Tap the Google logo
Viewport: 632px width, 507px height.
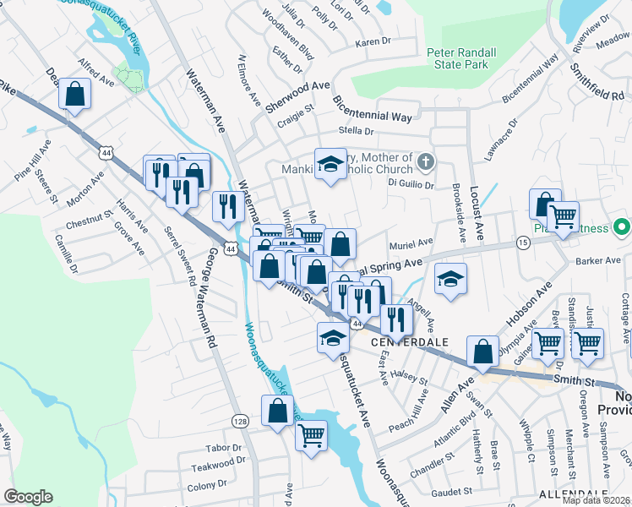[x=27, y=497]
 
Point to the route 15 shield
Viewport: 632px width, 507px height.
[x=523, y=243]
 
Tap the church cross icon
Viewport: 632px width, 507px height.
[x=426, y=161]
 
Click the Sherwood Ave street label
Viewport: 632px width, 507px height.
[x=297, y=86]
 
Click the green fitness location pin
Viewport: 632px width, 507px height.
[x=622, y=226]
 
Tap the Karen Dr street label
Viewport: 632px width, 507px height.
[x=374, y=41]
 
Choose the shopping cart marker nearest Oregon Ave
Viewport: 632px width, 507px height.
[x=587, y=343]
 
